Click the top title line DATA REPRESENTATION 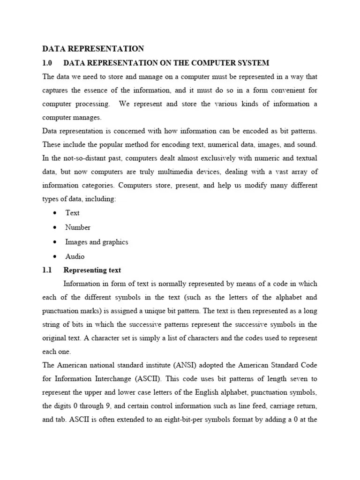[x=93, y=49]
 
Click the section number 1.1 [x=46, y=270]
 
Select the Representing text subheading [x=92, y=270]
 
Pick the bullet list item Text [x=73, y=213]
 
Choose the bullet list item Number [x=78, y=227]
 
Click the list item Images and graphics [x=97, y=242]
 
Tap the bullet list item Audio [x=75, y=256]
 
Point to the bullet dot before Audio [x=55, y=256]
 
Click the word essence [x=105, y=90]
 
